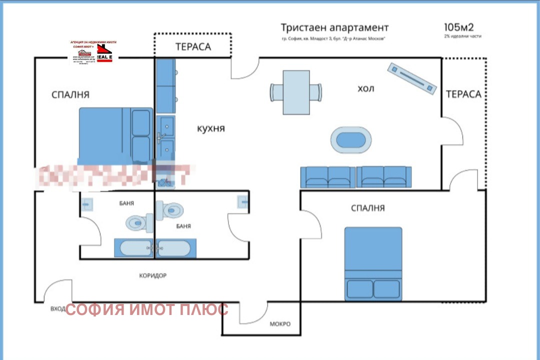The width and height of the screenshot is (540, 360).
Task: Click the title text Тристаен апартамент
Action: pyautogui.click(x=334, y=27)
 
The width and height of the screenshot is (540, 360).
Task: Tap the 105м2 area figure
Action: pyautogui.click(x=458, y=27)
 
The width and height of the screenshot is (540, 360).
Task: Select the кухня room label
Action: pyautogui.click(x=211, y=128)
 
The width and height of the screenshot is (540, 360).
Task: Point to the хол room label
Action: pyautogui.click(x=365, y=88)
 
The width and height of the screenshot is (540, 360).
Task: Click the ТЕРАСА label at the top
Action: pyautogui.click(x=193, y=47)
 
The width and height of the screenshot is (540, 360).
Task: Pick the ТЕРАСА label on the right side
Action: pyautogui.click(x=463, y=94)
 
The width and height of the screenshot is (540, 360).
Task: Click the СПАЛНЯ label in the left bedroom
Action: pyautogui.click(x=70, y=94)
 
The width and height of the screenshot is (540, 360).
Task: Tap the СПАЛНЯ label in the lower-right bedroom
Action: pyautogui.click(x=368, y=208)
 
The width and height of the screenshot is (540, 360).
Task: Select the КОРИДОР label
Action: pyautogui.click(x=152, y=275)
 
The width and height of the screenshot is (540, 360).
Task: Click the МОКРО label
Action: pyautogui.click(x=280, y=323)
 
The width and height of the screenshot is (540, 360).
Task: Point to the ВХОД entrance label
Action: pyautogui.click(x=57, y=309)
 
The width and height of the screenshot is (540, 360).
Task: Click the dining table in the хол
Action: pyautogui.click(x=295, y=92)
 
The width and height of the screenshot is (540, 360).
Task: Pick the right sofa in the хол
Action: pyautogui.click(x=384, y=177)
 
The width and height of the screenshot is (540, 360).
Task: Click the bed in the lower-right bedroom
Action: pyautogui.click(x=373, y=263)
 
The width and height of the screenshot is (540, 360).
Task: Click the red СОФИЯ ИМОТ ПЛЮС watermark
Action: pyautogui.click(x=147, y=309)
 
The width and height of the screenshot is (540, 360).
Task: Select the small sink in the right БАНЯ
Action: pyautogui.click(x=243, y=202)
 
